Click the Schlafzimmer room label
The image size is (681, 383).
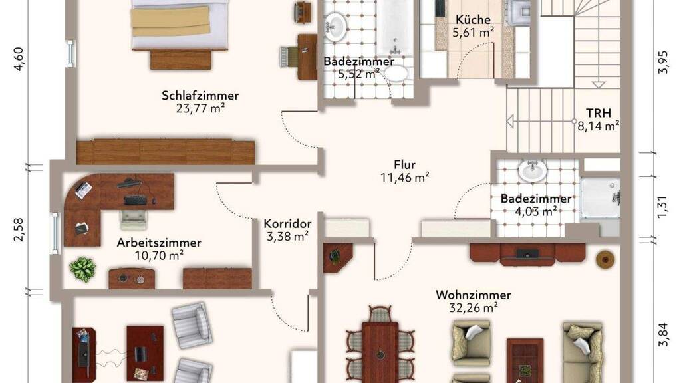tap(200, 96)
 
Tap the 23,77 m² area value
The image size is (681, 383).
tap(200, 108)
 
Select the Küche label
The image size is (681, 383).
tap(473, 19)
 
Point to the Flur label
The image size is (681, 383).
tap(405, 165)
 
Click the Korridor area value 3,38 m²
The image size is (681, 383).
tap(287, 237)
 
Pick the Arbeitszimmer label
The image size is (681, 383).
tap(159, 243)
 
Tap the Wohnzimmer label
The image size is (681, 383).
tap(474, 295)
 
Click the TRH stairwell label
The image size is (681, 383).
tap(599, 113)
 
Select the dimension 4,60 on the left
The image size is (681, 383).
tap(19, 59)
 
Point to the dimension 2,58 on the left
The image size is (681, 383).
tap(19, 229)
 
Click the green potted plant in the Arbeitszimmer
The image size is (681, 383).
tap(82, 269)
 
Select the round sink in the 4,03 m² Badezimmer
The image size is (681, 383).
tap(533, 170)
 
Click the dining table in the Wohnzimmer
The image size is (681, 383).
tap(380, 352)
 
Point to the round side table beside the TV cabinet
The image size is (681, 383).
tap(605, 259)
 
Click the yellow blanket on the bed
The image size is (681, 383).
tap(171, 21)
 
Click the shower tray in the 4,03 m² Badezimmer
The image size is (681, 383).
tap(600, 197)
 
